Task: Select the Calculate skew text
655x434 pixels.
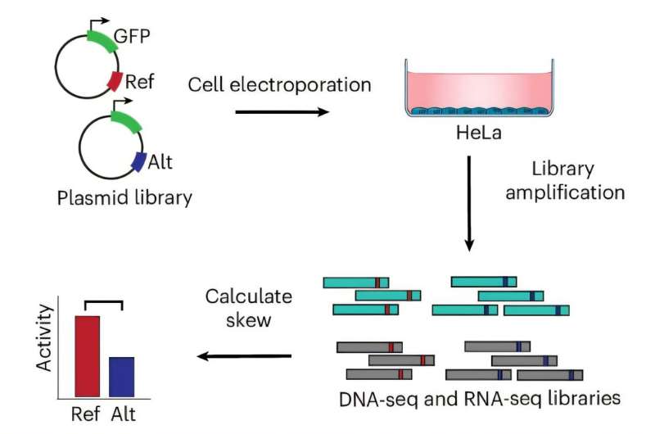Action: (237, 308)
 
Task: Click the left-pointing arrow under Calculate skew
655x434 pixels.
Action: (246, 355)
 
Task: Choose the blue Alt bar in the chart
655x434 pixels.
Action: (121, 377)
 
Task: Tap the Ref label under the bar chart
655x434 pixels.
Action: (86, 413)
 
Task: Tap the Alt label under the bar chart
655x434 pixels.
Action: (124, 413)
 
